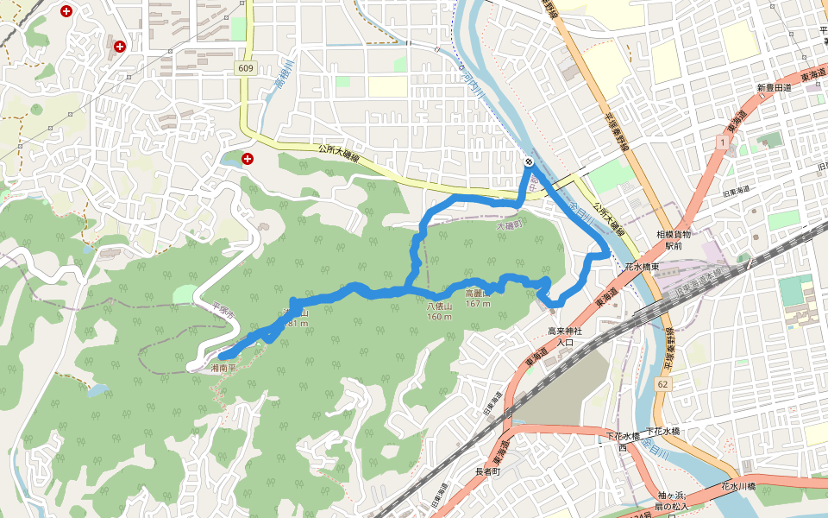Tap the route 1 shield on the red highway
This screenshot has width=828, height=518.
pyautogui.click(x=720, y=140)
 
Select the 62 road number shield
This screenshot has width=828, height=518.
pyautogui.click(x=662, y=382)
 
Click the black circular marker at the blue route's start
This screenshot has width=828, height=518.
pyautogui.click(x=529, y=162)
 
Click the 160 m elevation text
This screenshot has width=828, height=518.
pyautogui.click(x=440, y=316)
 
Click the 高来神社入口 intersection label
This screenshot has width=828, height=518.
pyautogui.click(x=565, y=337)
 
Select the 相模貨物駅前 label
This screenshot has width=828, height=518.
pyautogui.click(x=674, y=240)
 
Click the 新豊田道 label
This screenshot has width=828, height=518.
pyautogui.click(x=775, y=88)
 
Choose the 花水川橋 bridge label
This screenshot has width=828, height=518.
pyautogui.click(x=739, y=487)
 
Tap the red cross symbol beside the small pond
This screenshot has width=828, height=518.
pyautogui.click(x=248, y=159)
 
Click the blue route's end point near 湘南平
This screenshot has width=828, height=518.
pyautogui.click(x=223, y=355)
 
